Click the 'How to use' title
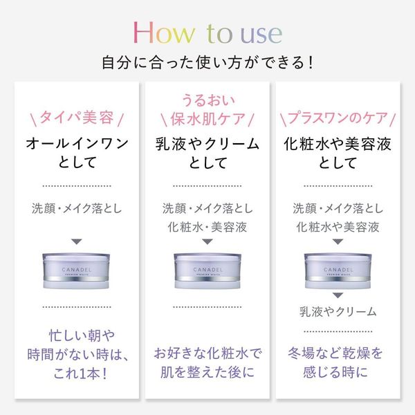coord(207,33)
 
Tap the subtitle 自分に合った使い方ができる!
coord(207,63)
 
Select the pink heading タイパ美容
coord(77,118)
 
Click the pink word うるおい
coord(208,100)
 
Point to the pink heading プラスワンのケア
coord(338,118)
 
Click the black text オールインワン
coord(77,144)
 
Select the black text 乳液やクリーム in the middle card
coord(207,145)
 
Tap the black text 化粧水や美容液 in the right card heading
coord(338,145)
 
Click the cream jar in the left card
coord(76,270)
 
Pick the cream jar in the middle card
coord(207,270)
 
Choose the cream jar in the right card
coord(338,270)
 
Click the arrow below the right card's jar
coord(338,295)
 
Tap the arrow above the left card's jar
coord(77,241)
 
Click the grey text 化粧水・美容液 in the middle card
coord(207,227)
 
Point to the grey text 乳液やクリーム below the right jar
coord(338,311)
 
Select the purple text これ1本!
coord(80,373)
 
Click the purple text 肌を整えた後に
coord(207,372)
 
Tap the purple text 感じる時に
coord(335,372)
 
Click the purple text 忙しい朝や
coord(82,335)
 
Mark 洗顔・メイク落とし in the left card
coord(77,208)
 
